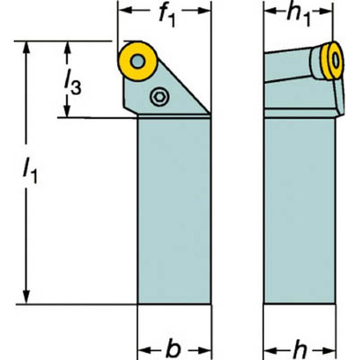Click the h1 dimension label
[x=298, y=16]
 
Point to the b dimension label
[x=173, y=349]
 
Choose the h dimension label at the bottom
[x=299, y=350]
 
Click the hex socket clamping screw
[x=160, y=97]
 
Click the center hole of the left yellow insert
[x=138, y=61]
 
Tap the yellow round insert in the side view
[x=332, y=61]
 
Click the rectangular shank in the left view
[x=174, y=211]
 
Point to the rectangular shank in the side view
[x=299, y=211]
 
